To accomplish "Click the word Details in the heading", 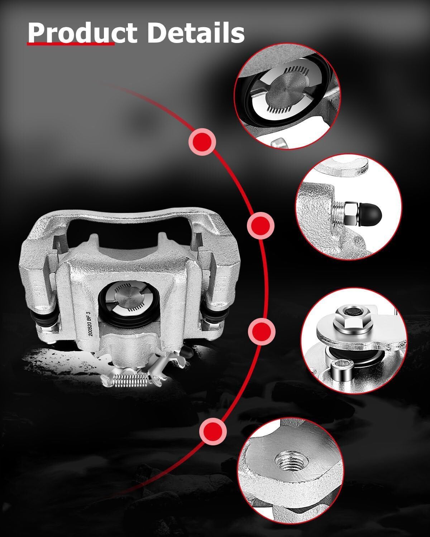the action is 196,33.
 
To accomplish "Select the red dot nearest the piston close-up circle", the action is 202,142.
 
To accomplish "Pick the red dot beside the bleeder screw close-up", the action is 261,226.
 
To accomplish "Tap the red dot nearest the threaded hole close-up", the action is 213,431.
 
